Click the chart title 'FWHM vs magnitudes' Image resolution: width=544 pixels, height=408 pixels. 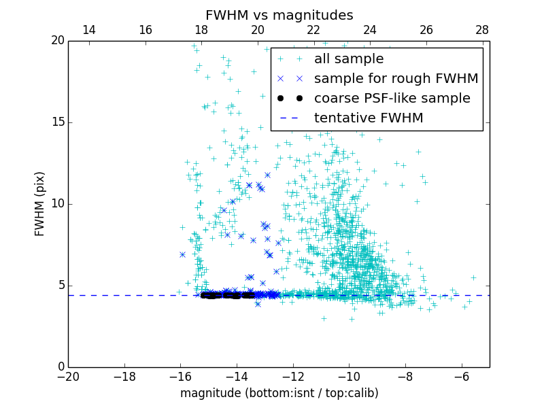click(x=279, y=15)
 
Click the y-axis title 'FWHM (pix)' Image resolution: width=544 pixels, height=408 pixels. click(x=40, y=204)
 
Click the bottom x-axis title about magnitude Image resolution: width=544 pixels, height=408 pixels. click(x=279, y=393)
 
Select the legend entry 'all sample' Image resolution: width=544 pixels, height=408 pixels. click(x=349, y=59)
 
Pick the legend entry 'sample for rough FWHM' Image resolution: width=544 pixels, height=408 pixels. click(x=396, y=79)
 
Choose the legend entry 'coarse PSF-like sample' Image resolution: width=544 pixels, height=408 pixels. click(x=392, y=99)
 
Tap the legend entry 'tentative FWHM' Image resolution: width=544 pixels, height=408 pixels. click(x=369, y=118)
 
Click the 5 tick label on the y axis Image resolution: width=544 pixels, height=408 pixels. click(x=59, y=286)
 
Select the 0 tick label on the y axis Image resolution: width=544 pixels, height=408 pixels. click(x=59, y=367)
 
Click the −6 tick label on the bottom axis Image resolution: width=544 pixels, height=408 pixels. click(x=461, y=377)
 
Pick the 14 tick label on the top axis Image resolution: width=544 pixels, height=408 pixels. click(x=88, y=30)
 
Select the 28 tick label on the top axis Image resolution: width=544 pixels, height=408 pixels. click(x=482, y=30)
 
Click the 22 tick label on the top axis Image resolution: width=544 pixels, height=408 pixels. click(x=313, y=30)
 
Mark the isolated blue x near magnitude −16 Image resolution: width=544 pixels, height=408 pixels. click(x=182, y=254)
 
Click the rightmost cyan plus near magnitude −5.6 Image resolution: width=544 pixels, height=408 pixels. click(x=473, y=277)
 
